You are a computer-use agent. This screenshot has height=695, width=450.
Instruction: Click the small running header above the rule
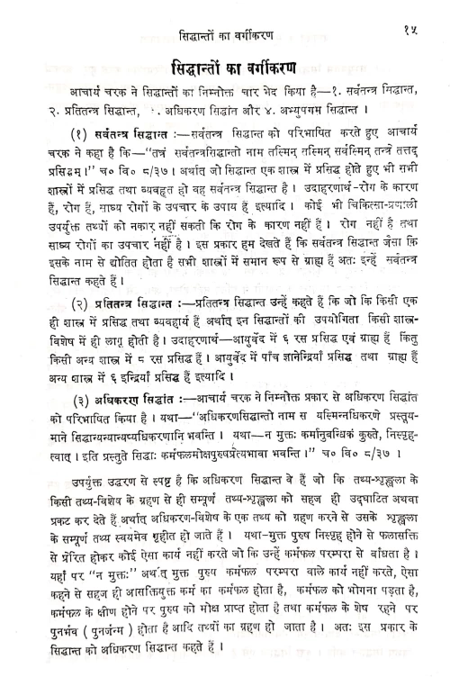click(229, 13)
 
